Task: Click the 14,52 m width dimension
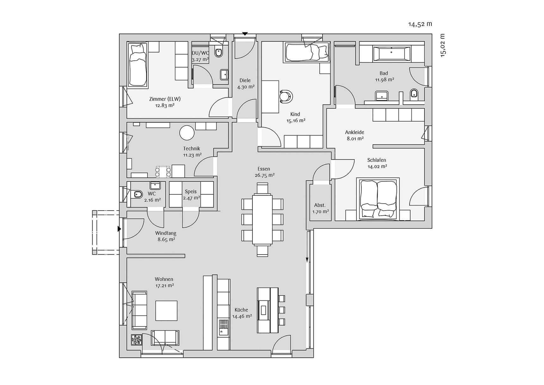(420, 24)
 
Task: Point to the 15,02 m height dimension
(442, 45)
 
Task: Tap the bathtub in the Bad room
(392, 53)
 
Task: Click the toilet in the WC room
(138, 194)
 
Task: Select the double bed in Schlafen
(378, 199)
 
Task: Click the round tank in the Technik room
(187, 133)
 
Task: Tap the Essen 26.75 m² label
(264, 172)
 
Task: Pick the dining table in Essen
(262, 219)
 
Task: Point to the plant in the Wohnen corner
(137, 340)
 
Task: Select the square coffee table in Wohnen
(166, 311)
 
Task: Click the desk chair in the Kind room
(286, 97)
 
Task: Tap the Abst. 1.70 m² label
(320, 208)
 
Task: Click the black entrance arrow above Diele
(245, 33)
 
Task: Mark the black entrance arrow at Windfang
(119, 229)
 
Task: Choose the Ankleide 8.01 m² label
(355, 135)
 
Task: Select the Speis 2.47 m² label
(191, 195)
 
